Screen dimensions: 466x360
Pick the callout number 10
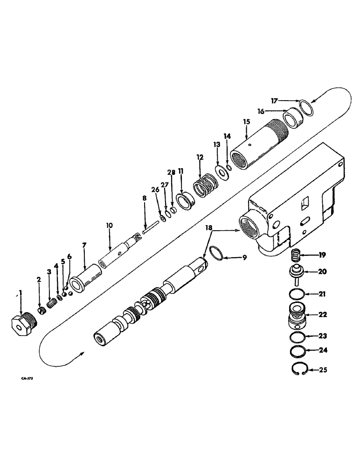[109, 225]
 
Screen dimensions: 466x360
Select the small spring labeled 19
[295, 255]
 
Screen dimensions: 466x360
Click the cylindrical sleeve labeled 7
[87, 278]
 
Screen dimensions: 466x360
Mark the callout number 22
[323, 314]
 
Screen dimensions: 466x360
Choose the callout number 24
[323, 350]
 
